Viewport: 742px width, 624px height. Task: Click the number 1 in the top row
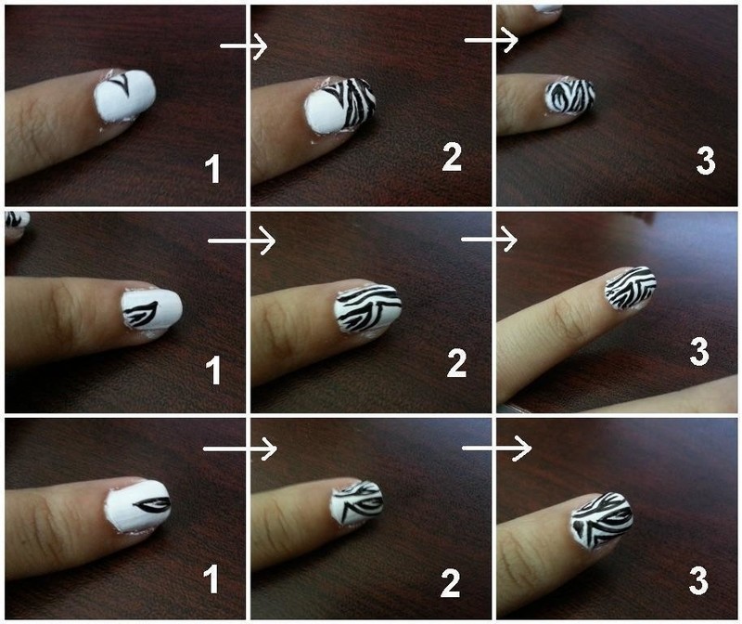213,170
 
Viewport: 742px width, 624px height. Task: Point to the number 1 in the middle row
213,371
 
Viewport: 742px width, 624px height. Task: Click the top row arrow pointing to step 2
243,45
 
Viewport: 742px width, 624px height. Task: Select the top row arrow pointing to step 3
490,40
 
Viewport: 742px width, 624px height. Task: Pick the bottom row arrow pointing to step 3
496,448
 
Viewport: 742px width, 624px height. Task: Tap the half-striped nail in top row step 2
340,104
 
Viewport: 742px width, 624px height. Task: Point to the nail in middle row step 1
151,311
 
